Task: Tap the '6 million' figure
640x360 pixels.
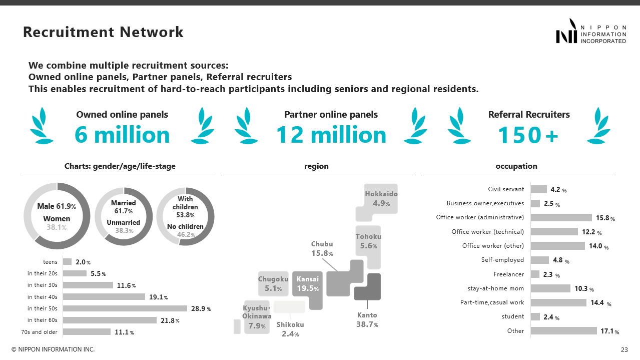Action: click(122, 135)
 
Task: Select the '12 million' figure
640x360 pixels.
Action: click(331, 135)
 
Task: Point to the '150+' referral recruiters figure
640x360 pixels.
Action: click(528, 135)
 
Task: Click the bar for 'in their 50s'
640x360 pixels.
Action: click(125, 308)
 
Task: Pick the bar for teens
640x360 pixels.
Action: click(67, 261)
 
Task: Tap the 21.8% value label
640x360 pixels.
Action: click(170, 320)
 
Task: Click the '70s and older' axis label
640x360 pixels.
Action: click(39, 332)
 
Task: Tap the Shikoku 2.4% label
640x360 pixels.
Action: click(290, 329)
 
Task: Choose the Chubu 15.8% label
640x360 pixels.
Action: click(322, 249)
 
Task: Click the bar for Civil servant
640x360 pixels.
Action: click(538, 189)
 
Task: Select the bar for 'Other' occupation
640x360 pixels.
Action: click(563, 330)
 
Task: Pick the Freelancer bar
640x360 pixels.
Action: click(535, 274)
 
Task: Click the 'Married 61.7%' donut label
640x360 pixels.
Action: click(124, 207)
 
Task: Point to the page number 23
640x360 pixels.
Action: click(624, 349)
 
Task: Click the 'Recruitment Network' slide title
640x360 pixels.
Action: click(103, 33)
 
